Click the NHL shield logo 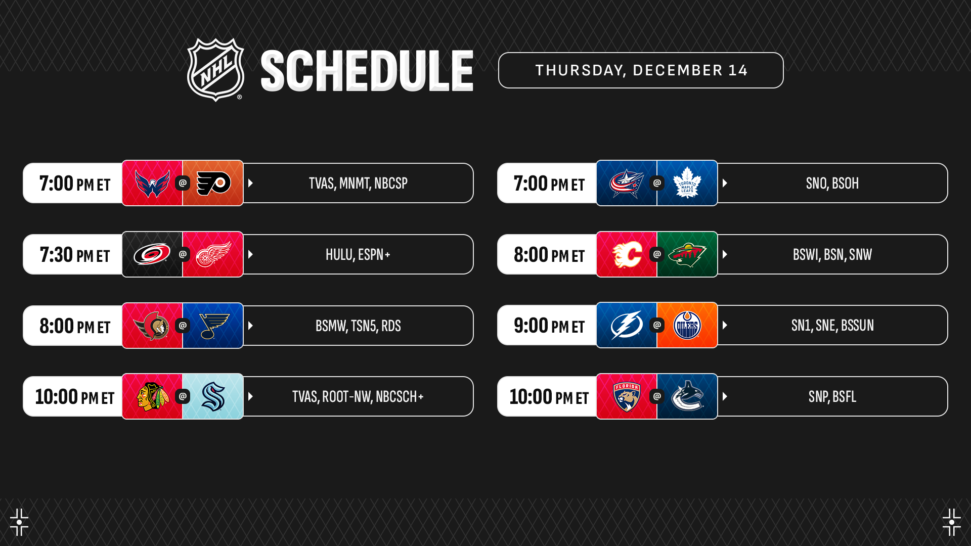tap(216, 70)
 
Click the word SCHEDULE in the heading tap(367, 71)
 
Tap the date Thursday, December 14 tap(641, 70)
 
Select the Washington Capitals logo tap(152, 183)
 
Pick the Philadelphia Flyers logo tap(213, 183)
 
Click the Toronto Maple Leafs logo tap(687, 183)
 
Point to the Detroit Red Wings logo tap(213, 254)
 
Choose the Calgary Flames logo tap(627, 254)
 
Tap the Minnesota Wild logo tap(687, 255)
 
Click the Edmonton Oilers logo tap(687, 325)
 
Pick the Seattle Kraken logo tap(213, 396)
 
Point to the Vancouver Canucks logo tap(687, 396)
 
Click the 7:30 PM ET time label tap(75, 254)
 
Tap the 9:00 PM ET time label tap(549, 325)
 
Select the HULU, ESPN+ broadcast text tap(358, 254)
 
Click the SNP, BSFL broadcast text tap(832, 396)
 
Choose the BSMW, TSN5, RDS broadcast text tap(358, 326)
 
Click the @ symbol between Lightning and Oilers tap(657, 325)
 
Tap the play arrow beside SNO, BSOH tap(725, 183)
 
